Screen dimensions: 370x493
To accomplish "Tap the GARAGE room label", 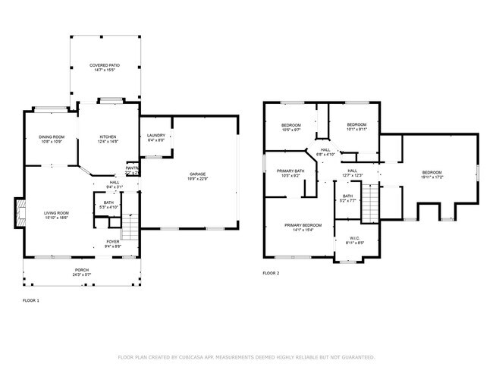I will (x=198, y=174).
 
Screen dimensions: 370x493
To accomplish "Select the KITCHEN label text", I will (x=107, y=136).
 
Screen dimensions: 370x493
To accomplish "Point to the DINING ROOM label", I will (x=52, y=136).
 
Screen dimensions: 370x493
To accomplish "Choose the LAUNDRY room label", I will (x=155, y=135).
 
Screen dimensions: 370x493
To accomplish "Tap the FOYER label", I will (x=112, y=241).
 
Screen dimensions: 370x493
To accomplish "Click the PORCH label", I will (x=81, y=270).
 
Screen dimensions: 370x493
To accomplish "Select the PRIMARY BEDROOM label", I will (x=303, y=224).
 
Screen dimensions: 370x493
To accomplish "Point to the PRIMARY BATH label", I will (x=290, y=171).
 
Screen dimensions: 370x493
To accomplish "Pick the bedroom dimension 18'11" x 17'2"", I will (x=432, y=177).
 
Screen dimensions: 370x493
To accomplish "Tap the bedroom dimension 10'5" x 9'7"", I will (x=291, y=130).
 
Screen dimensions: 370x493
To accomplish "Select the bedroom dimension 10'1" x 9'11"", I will (x=356, y=130).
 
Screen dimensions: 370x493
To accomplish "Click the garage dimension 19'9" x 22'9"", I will (x=198, y=179).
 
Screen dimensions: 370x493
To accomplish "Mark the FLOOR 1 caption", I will (x=32, y=301).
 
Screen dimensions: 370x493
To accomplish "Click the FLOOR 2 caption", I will (x=271, y=272).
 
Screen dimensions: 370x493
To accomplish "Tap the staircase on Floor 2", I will (x=369, y=202).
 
